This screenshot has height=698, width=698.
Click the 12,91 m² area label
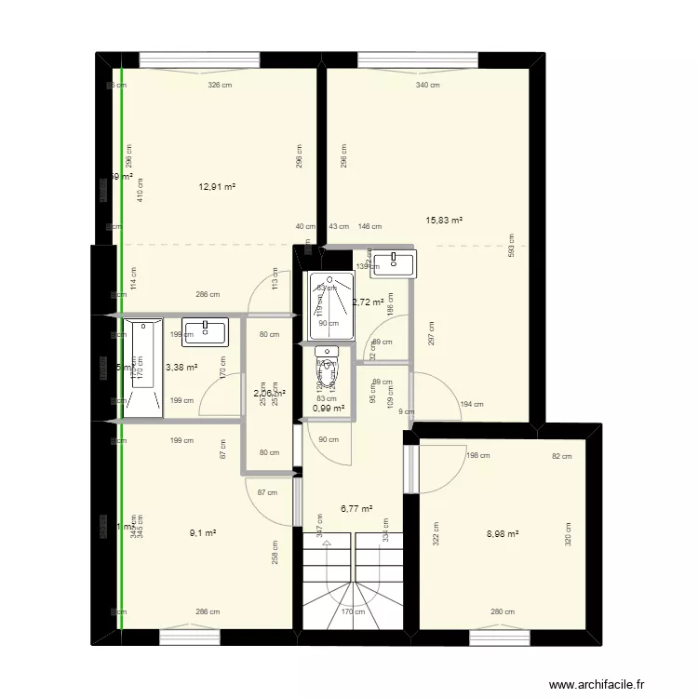217,187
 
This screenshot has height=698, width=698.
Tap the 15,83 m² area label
444,221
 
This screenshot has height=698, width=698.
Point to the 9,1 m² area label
202,533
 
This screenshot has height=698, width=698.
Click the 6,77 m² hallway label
356,509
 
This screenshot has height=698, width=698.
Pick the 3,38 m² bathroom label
181,367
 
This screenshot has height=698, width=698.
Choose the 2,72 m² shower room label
368,302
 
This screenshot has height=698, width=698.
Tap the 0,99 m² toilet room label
329,408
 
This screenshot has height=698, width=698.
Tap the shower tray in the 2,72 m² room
327,305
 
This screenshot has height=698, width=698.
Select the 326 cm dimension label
219,86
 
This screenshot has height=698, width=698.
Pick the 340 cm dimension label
427,86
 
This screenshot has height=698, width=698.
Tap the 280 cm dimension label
503,611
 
